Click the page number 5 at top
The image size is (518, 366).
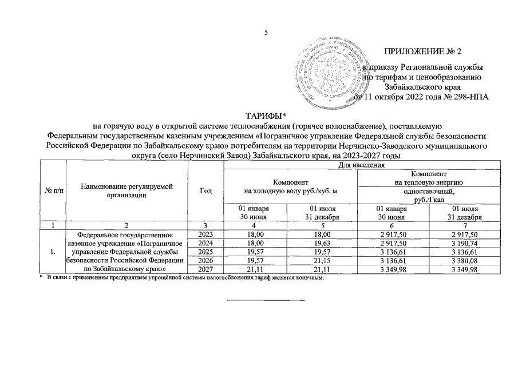(266, 33)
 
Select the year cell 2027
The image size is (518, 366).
(205, 270)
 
